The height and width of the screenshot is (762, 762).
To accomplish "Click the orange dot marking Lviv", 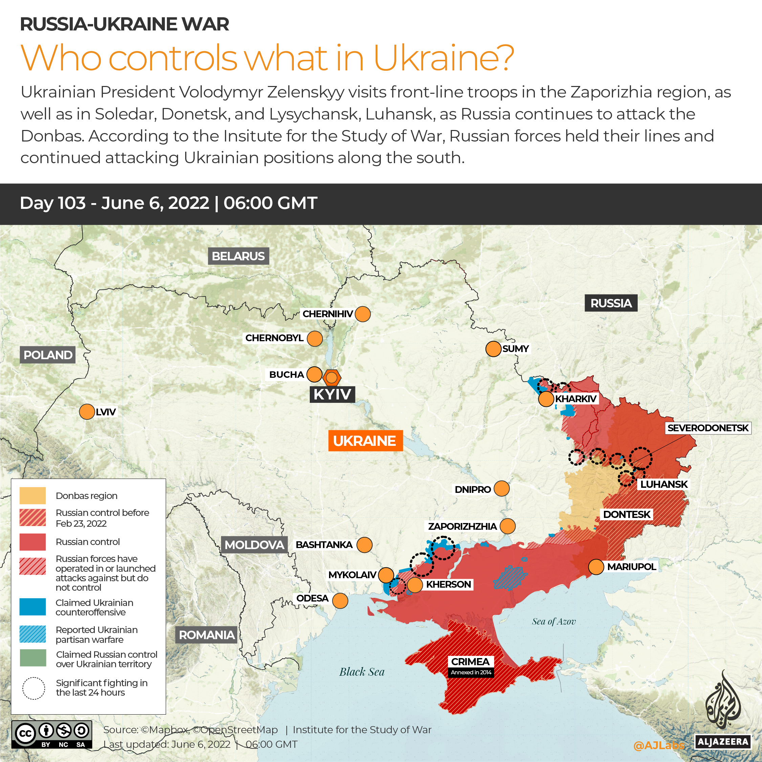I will click(87, 412).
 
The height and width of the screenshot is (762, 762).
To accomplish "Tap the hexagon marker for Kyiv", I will click(332, 377).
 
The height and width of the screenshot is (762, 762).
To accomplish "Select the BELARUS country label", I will click(238, 256).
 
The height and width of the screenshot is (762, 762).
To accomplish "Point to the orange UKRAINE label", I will click(365, 440).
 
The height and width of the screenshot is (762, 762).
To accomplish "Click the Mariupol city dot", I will click(596, 567).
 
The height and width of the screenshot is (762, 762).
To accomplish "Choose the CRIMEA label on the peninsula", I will click(470, 661).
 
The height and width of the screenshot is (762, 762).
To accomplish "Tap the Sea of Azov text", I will click(553, 622).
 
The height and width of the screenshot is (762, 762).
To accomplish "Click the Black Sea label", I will click(362, 672).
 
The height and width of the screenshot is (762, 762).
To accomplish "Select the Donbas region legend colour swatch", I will click(33, 495).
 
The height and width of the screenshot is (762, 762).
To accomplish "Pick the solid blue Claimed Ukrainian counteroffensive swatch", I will click(33, 607).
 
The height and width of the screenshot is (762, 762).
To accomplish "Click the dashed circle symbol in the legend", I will click(34, 688).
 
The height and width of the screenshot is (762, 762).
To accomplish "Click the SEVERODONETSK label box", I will click(707, 428).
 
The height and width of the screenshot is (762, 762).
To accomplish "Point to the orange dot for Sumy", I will click(493, 349).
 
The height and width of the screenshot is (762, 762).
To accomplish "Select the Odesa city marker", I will click(340, 601).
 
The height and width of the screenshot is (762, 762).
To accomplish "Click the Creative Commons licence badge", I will click(52, 734).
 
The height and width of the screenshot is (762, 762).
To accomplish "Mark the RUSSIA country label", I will click(611, 303).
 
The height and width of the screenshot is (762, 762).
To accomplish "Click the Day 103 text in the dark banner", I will click(53, 203).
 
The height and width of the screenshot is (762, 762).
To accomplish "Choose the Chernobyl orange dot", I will click(314, 339).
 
